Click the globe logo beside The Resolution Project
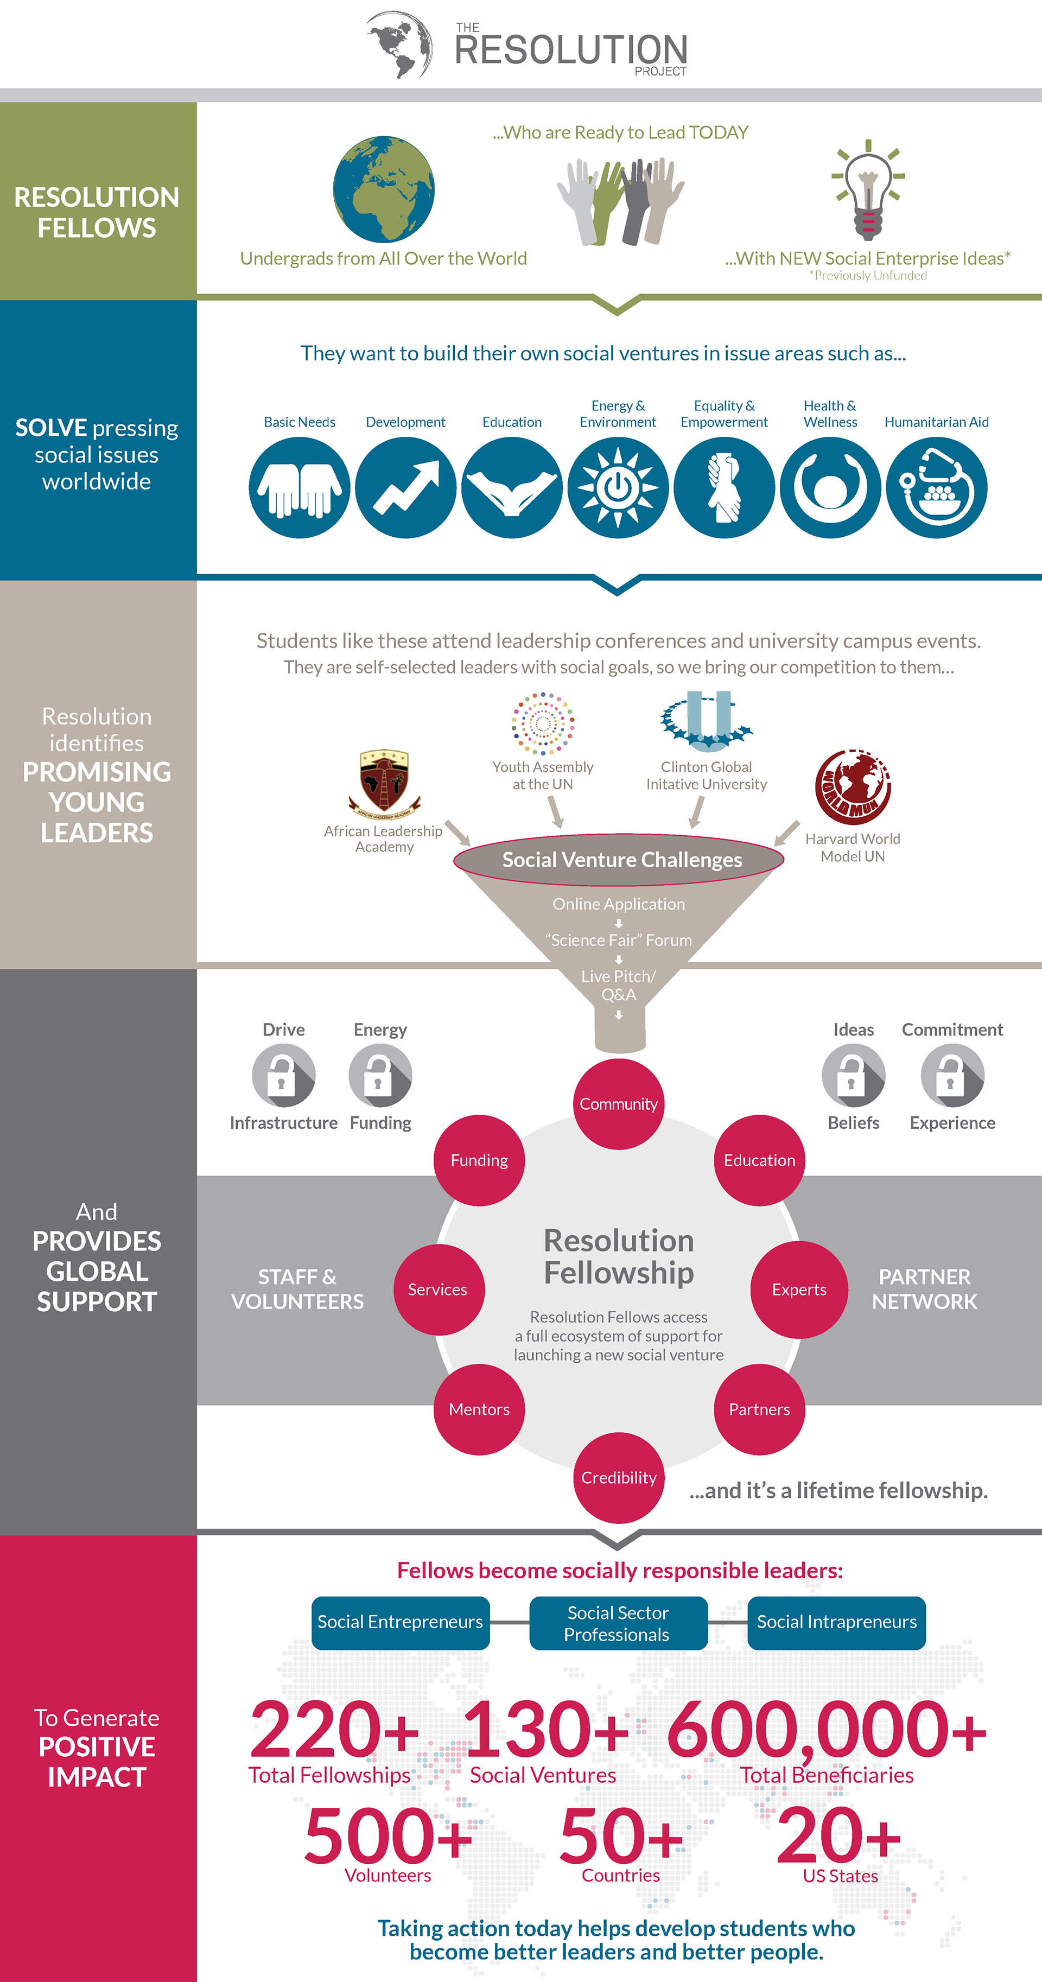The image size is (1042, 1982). (400, 45)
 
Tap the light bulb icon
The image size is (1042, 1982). (868, 189)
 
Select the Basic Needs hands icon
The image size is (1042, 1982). (300, 488)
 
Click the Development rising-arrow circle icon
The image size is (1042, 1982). (405, 488)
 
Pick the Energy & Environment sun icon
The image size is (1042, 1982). (618, 488)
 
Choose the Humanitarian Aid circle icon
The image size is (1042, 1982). (937, 488)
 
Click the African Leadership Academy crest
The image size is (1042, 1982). (384, 783)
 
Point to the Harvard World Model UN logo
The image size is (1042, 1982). (853, 787)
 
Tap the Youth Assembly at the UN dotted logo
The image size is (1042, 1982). (543, 723)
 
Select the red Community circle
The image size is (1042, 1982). (619, 1104)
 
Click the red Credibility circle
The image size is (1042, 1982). (619, 1477)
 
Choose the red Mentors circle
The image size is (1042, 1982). (479, 1409)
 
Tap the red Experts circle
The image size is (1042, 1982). (799, 1289)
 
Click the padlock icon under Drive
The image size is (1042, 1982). (283, 1075)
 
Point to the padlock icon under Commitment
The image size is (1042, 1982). (952, 1075)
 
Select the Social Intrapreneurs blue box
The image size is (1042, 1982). (836, 1622)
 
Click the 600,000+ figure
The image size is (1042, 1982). (827, 1730)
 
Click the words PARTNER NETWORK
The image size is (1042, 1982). (924, 1289)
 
